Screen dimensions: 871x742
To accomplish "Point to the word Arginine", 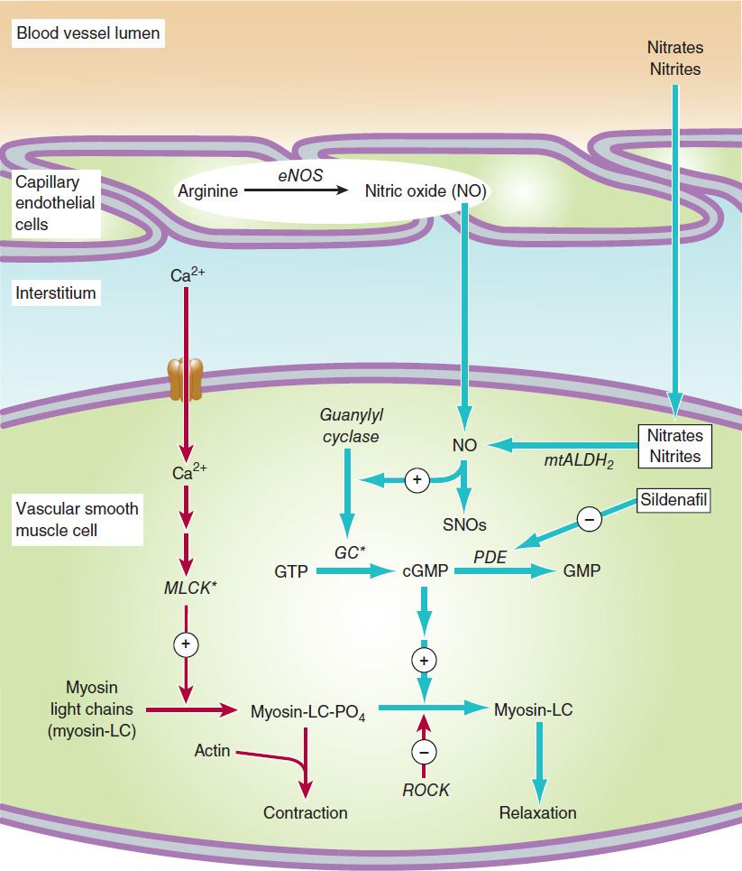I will click(x=209, y=191).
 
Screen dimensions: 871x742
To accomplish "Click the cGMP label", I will click(x=424, y=571).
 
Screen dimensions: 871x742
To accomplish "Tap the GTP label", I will click(x=292, y=571).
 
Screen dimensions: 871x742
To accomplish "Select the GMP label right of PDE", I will click(x=582, y=571).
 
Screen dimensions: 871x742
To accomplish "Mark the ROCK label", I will click(x=426, y=790).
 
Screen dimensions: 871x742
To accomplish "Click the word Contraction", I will click(x=305, y=812).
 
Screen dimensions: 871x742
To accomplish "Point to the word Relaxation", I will click(x=537, y=812).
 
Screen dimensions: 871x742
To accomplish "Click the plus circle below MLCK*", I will click(x=186, y=644).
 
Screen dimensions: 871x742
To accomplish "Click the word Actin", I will click(x=213, y=750).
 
